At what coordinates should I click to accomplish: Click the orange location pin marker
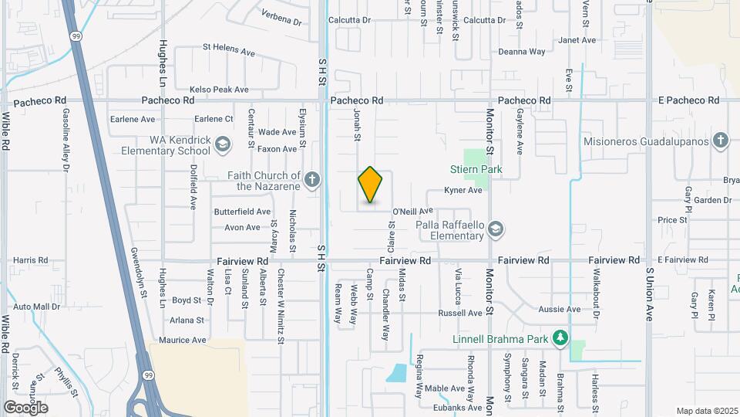coord(371,185)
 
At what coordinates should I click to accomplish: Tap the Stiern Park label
coord(476,169)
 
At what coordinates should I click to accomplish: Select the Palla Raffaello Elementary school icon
coord(496,229)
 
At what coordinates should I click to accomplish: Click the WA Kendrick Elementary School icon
coord(223,144)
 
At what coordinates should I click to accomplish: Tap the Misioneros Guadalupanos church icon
coord(720,140)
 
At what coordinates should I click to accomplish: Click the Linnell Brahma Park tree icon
coord(561,337)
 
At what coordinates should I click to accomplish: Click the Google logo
coord(25,407)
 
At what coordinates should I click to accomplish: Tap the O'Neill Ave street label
coord(413,211)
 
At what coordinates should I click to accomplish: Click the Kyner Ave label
coord(462,190)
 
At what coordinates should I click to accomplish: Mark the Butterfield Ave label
coord(242,211)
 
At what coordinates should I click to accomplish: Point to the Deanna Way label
coord(521,52)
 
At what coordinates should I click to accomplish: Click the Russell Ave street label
coord(459,313)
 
